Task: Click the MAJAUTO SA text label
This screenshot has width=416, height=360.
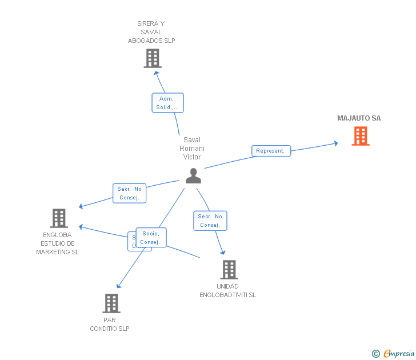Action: tap(359, 118)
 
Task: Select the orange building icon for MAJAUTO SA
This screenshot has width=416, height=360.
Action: tap(360, 136)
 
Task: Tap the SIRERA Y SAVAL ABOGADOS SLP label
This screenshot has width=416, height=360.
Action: tap(151, 32)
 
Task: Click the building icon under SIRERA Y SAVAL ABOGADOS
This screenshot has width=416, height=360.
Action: tap(153, 58)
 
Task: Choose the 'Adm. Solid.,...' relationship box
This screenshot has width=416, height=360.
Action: tap(167, 103)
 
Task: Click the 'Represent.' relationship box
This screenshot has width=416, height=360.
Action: tap(271, 151)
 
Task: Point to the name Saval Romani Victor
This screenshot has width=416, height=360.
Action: tap(192, 148)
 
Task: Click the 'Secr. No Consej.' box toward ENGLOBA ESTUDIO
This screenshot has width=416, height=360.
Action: tap(130, 193)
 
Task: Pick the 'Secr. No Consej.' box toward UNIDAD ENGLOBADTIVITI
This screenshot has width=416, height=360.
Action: tap(210, 221)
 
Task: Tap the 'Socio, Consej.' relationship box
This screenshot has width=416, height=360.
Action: tap(151, 237)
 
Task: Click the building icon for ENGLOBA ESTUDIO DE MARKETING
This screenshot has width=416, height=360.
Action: tap(59, 218)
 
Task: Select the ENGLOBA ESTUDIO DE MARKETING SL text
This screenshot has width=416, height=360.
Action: tap(57, 243)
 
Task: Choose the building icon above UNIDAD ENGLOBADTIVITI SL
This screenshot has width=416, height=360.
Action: tap(229, 269)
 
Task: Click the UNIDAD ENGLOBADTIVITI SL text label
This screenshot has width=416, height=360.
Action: tap(227, 290)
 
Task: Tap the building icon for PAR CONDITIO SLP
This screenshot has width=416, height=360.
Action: tap(111, 303)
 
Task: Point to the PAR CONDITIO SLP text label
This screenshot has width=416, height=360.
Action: tap(110, 324)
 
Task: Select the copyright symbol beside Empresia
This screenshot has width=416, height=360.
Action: tap(375, 354)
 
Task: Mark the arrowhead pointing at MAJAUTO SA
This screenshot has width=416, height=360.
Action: tap(335, 143)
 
